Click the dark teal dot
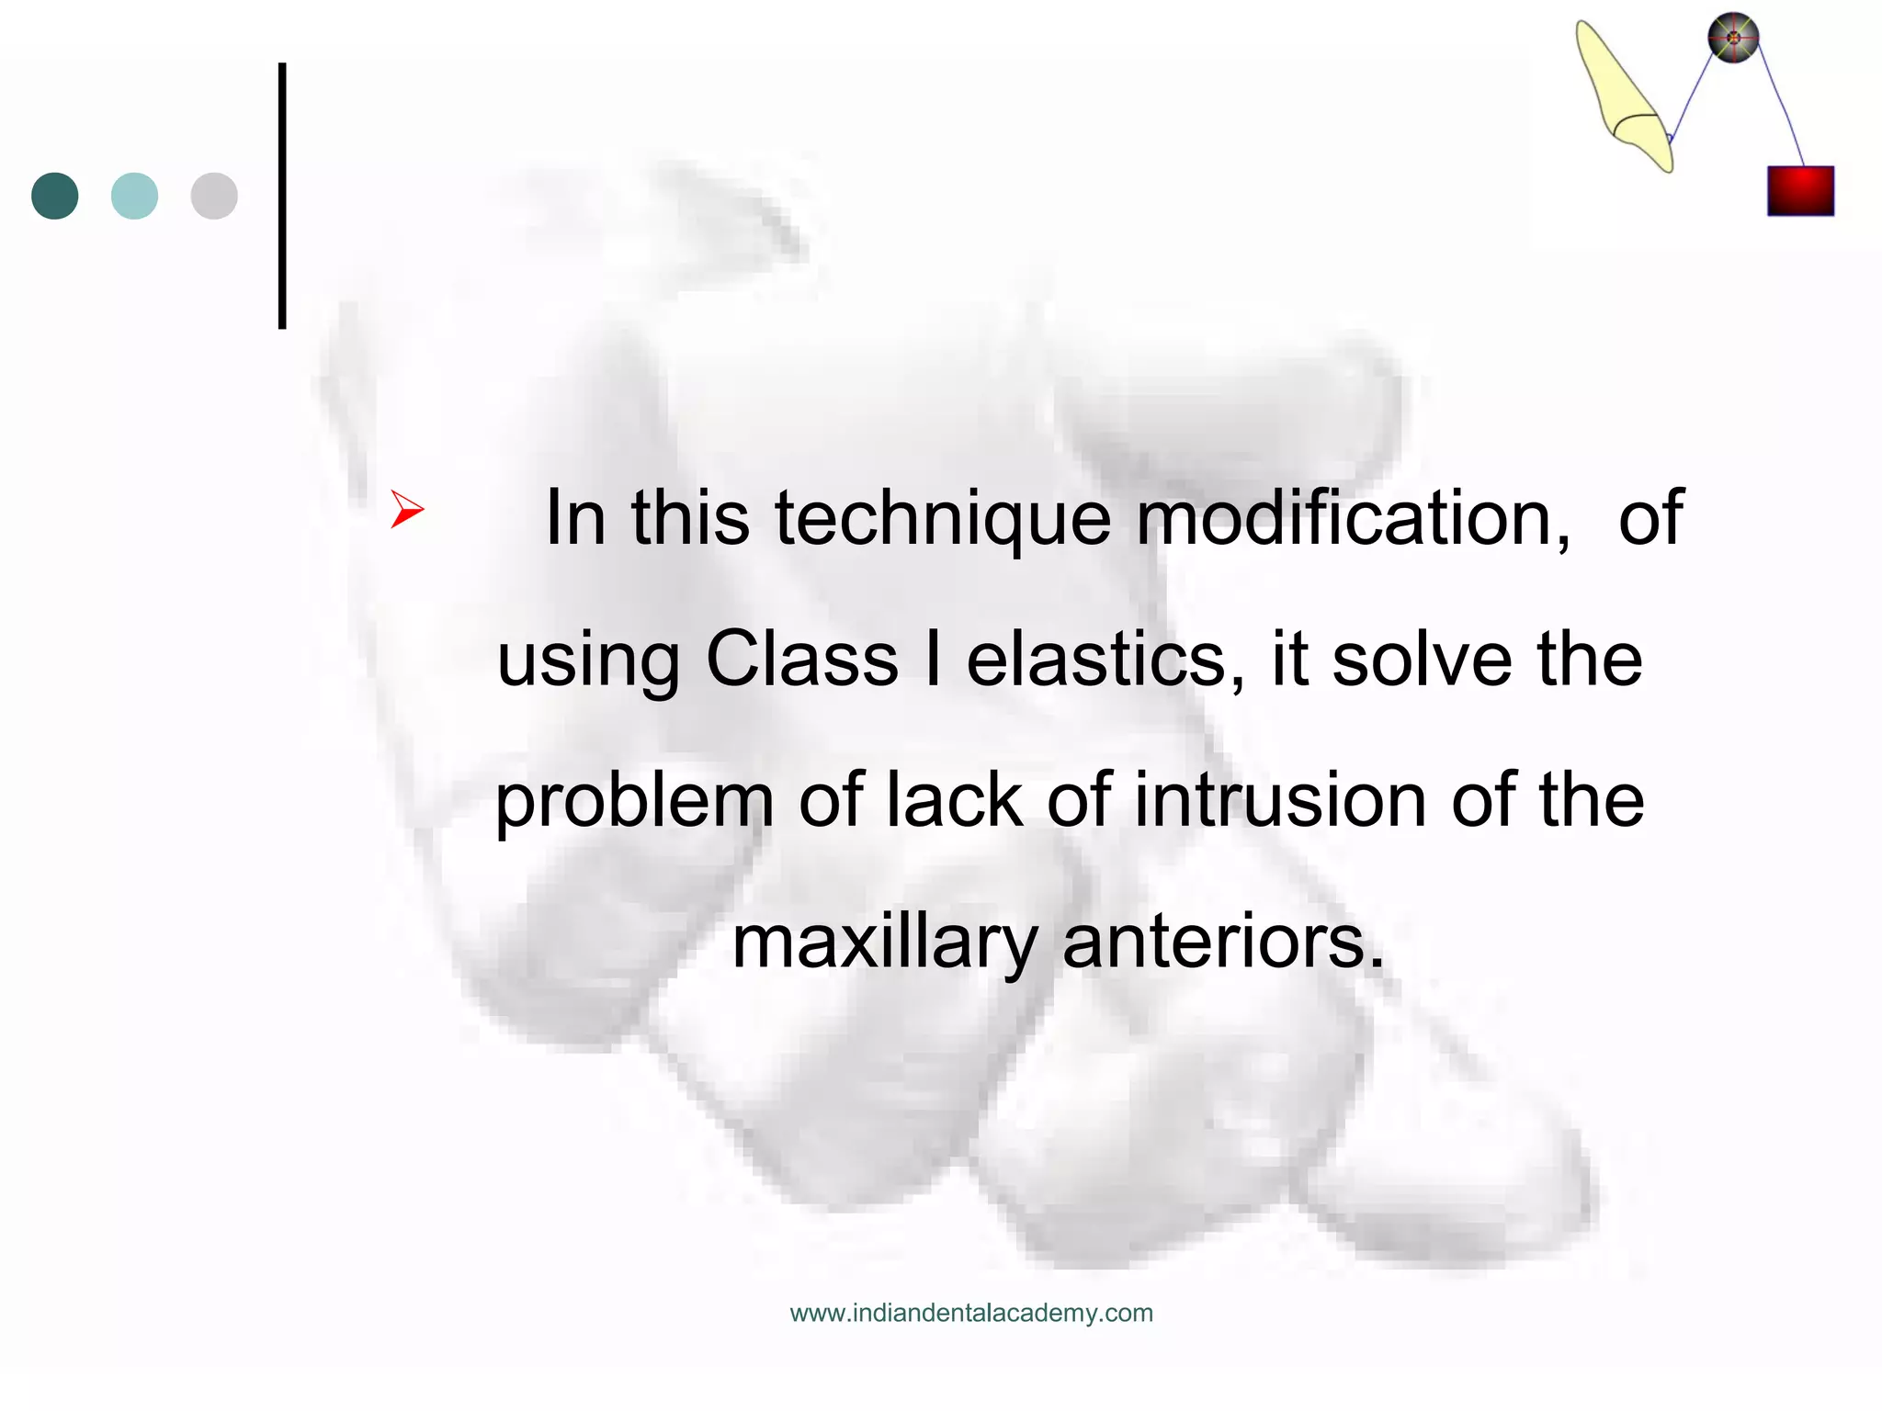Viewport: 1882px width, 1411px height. pyautogui.click(x=55, y=196)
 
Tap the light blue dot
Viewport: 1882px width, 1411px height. pyautogui.click(x=134, y=196)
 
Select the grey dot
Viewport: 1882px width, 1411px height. pyautogui.click(x=214, y=196)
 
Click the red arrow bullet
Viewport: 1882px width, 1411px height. pyautogui.click(x=406, y=509)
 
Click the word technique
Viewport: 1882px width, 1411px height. pyautogui.click(x=942, y=520)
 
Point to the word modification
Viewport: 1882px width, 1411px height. pyautogui.click(x=1353, y=518)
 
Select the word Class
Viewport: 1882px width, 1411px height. pyautogui.click(x=801, y=659)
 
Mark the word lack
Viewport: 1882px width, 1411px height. pyautogui.click(x=953, y=800)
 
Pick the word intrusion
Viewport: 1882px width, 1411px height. pyautogui.click(x=1280, y=800)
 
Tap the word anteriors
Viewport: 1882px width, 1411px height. pyautogui.click(x=1223, y=943)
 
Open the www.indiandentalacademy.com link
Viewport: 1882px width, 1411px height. pyautogui.click(x=971, y=1313)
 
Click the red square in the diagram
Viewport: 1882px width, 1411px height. pyautogui.click(x=1800, y=191)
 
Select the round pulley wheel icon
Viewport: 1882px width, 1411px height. pyautogui.click(x=1733, y=38)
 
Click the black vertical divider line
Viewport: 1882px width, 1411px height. pyautogui.click(x=282, y=196)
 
